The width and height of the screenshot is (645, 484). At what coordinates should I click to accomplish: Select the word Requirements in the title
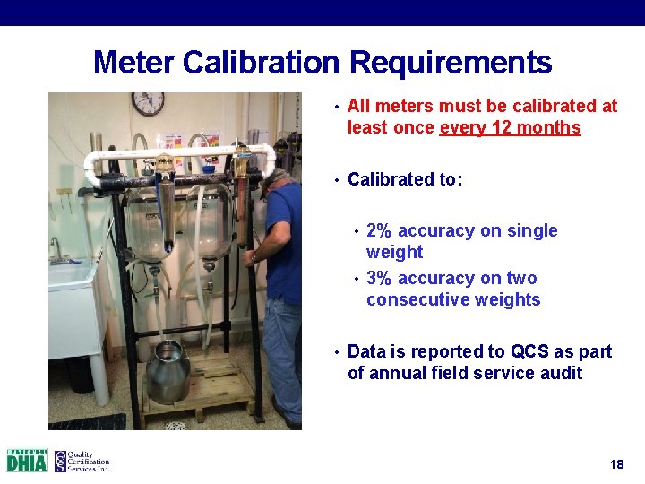[451, 64]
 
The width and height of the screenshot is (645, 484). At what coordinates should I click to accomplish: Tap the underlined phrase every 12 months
[510, 128]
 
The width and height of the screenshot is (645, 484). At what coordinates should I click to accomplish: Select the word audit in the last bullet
[558, 373]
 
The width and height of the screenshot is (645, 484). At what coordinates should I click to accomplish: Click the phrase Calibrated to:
[405, 179]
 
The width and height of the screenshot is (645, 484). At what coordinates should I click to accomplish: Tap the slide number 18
[616, 464]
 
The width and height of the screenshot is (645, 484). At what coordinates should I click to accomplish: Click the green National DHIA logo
[27, 461]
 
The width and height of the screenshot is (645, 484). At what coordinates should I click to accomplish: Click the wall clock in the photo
[148, 103]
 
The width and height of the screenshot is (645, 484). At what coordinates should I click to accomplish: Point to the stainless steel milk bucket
[168, 370]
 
